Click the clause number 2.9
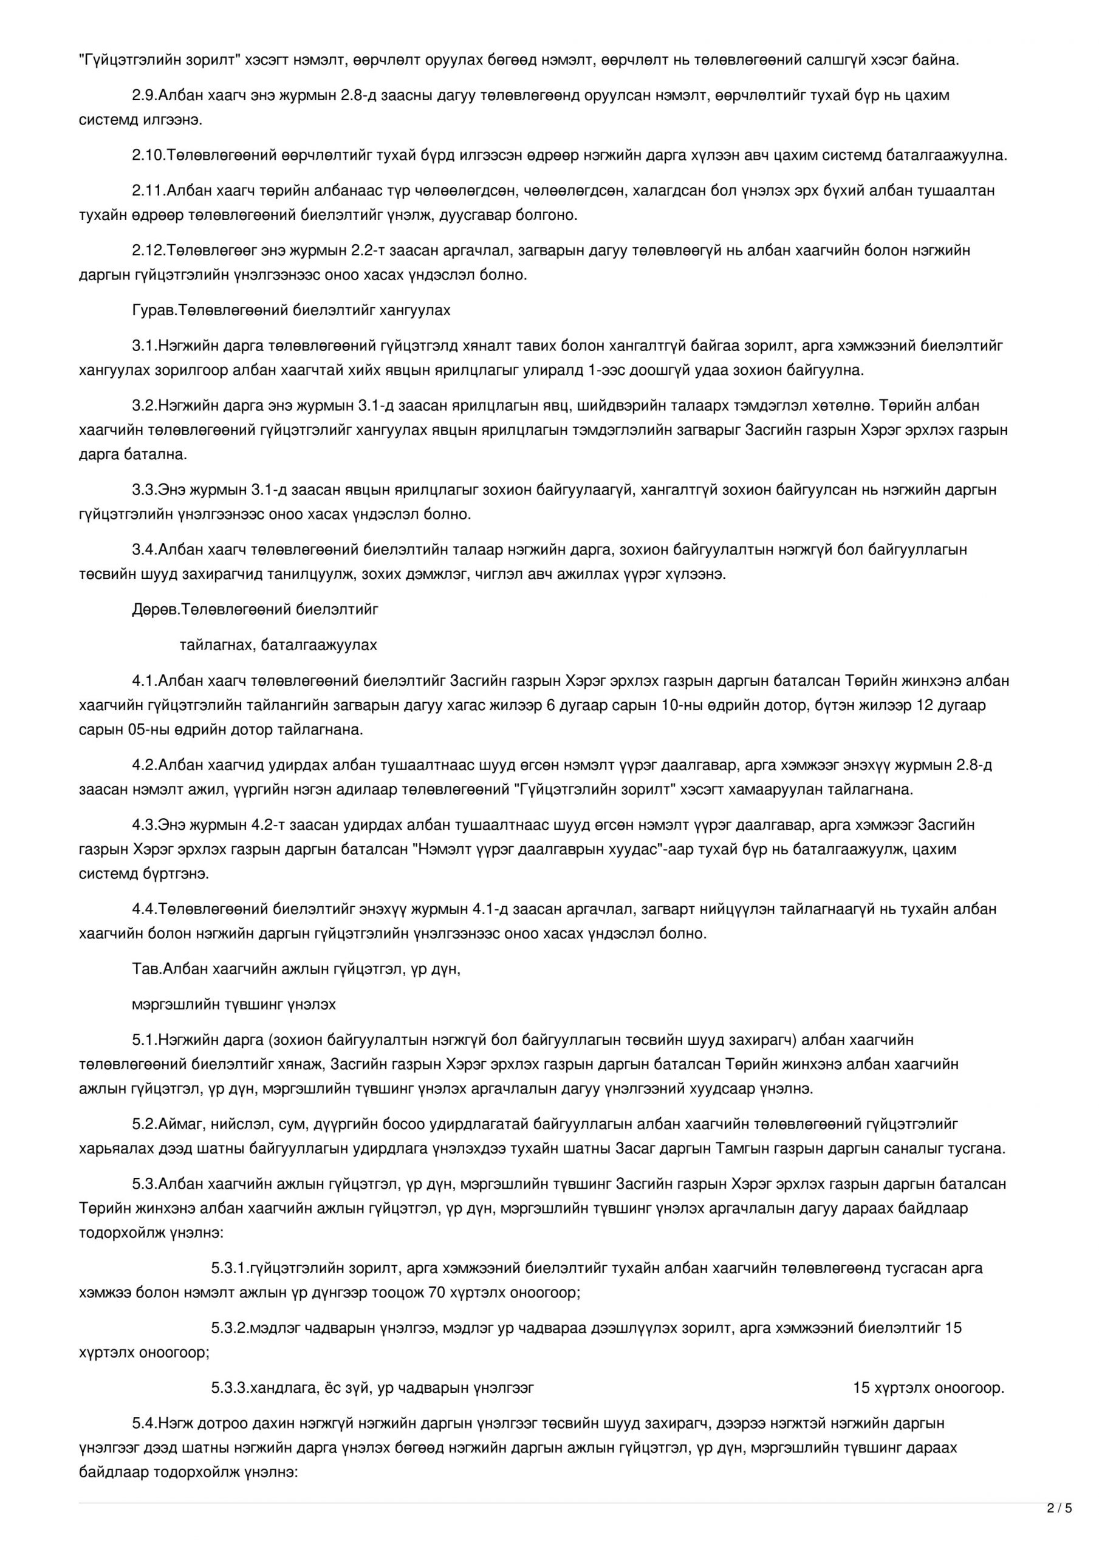(143, 95)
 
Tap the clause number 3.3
(143, 490)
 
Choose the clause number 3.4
(143, 549)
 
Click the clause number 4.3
(143, 825)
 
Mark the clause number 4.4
(143, 909)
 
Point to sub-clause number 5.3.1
(228, 1268)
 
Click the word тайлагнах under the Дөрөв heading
(216, 644)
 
